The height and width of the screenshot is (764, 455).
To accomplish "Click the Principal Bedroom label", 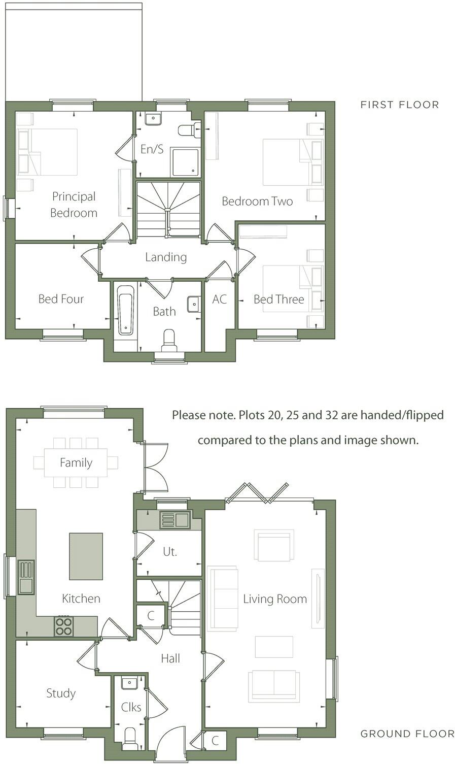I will (x=74, y=205).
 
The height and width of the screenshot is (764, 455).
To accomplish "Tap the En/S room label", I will (x=152, y=149).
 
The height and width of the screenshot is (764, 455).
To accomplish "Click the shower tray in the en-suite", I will (x=186, y=161).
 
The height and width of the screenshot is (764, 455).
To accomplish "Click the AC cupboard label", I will (x=219, y=300).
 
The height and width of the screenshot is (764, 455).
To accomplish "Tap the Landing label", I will (x=166, y=257).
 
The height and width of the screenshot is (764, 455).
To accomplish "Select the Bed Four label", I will (x=61, y=299).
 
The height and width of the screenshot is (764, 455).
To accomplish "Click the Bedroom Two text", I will (x=257, y=202).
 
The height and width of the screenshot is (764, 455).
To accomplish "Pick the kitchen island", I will (x=86, y=556).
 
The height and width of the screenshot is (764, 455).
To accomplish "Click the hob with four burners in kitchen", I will (x=63, y=626).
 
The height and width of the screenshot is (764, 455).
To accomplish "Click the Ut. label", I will (x=170, y=552).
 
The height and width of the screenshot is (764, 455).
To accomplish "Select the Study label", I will (x=61, y=693).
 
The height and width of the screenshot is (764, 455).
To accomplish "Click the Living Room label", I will (x=275, y=599).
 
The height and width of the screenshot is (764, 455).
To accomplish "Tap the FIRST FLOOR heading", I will (x=400, y=105).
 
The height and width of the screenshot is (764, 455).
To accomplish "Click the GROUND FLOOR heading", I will (x=407, y=734).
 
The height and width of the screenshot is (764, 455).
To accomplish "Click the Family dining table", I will (x=76, y=462).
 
